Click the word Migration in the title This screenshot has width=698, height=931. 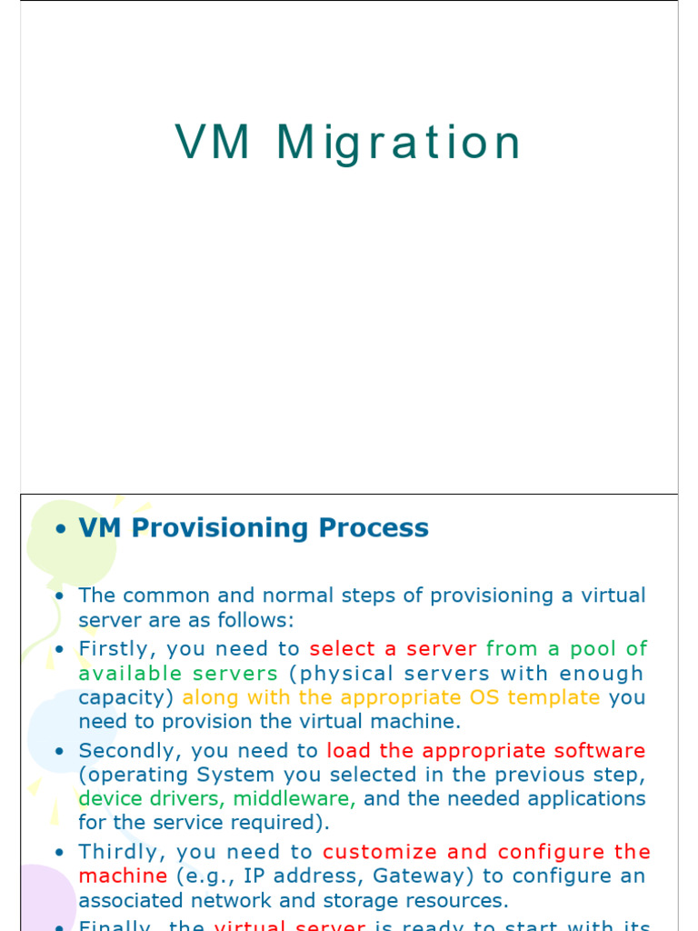399,143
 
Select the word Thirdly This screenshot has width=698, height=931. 119,852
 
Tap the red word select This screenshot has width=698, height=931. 343,648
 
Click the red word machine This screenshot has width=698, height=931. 123,876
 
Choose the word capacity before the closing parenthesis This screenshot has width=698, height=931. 124,697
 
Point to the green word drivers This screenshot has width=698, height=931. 184,798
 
